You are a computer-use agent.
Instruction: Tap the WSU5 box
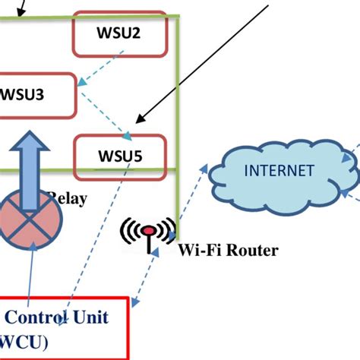119,156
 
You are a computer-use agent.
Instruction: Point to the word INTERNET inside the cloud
279,170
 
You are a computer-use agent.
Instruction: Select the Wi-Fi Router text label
228,250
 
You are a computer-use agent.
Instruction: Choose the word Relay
68,199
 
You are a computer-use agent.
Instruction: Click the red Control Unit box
65,327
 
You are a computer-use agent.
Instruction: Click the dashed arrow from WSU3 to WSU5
106,112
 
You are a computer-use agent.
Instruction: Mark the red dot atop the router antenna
150,229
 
